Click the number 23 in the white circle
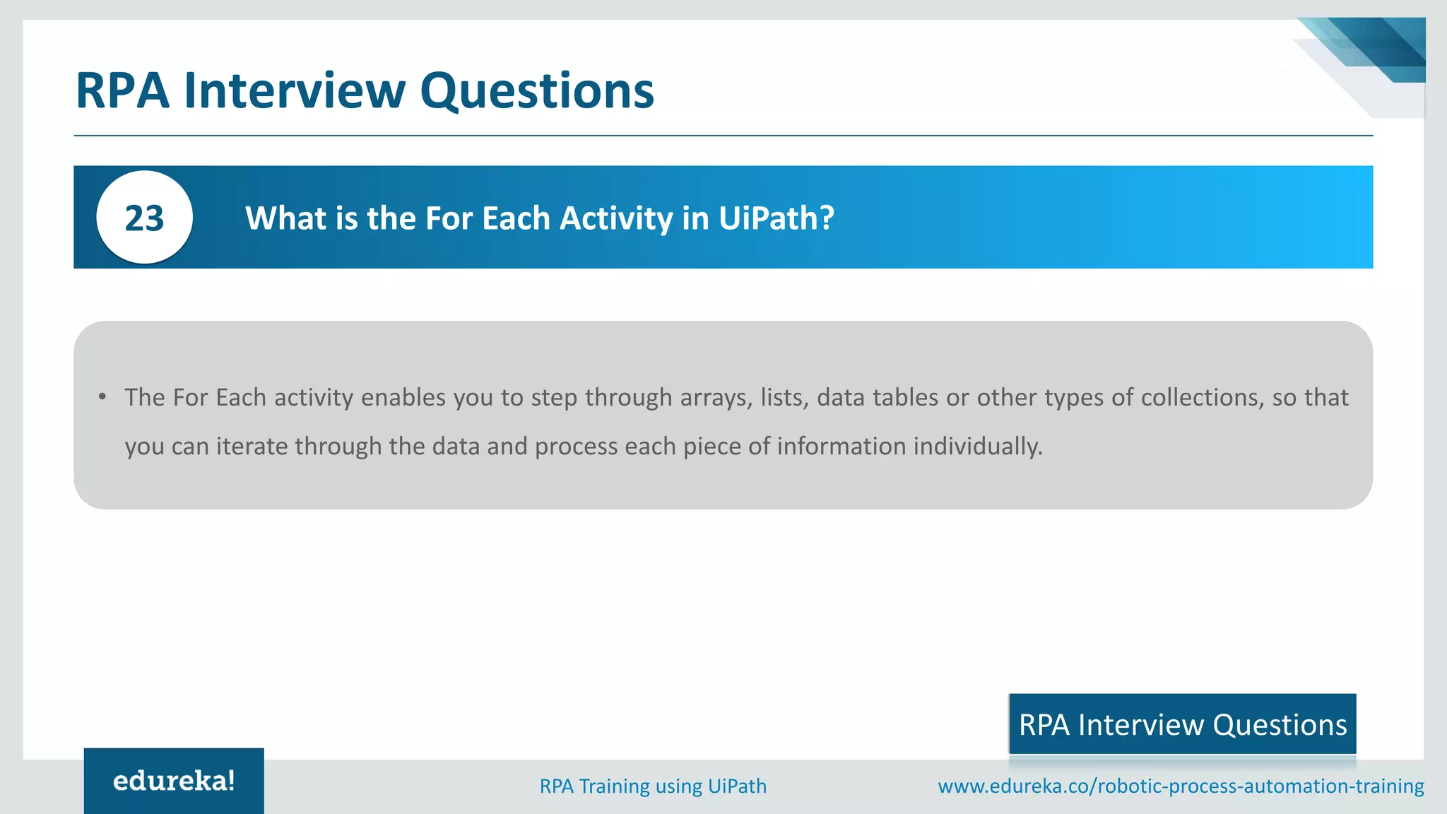click(x=144, y=218)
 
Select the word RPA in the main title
click(x=122, y=90)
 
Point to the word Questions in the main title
click(x=537, y=90)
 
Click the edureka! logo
click(x=174, y=781)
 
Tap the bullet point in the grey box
click(x=102, y=397)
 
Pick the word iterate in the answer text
click(x=252, y=447)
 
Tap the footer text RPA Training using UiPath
click(x=653, y=786)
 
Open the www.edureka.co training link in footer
click(x=1181, y=786)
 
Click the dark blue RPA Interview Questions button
click(x=1182, y=724)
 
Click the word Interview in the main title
click(x=295, y=90)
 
